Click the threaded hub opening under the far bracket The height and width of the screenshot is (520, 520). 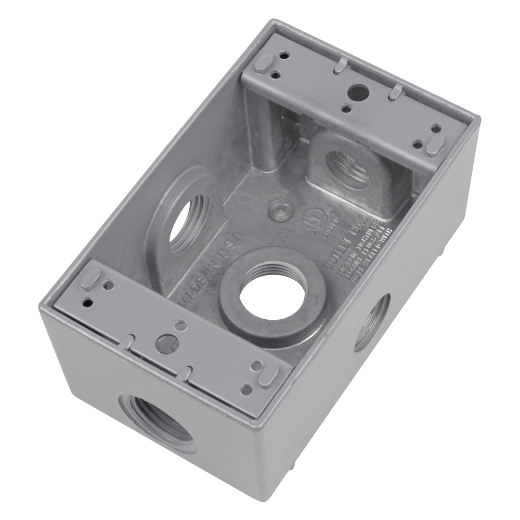point(348,170)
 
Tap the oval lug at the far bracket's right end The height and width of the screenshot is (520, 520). point(435,146)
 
